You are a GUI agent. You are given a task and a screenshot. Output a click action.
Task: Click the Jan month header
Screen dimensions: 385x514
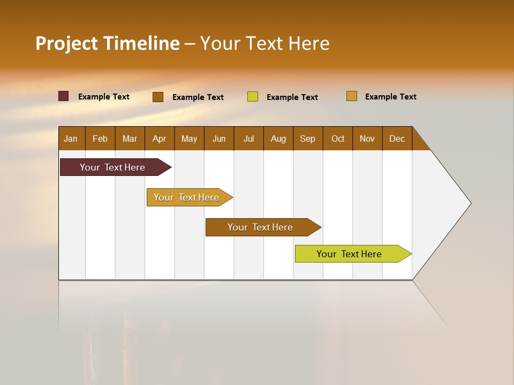click(x=71, y=138)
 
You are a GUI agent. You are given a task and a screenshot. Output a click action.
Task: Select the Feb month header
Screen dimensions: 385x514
click(x=100, y=138)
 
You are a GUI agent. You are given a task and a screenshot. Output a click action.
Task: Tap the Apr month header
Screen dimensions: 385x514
click(x=159, y=138)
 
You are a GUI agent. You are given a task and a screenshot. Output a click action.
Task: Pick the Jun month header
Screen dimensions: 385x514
click(x=219, y=138)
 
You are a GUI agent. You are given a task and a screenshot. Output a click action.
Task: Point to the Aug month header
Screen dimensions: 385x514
click(x=278, y=138)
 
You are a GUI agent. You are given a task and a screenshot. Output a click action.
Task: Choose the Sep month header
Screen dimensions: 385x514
click(x=307, y=138)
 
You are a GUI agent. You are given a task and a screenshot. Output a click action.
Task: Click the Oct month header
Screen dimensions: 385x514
click(x=338, y=138)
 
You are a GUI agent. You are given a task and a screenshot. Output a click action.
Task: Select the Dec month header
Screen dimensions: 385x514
click(x=397, y=138)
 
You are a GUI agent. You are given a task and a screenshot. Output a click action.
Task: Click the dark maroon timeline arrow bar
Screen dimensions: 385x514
click(x=112, y=167)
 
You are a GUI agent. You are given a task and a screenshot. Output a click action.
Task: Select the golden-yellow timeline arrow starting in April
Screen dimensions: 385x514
click(x=186, y=197)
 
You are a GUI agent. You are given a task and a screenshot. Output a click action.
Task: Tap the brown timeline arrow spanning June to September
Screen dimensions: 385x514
click(x=260, y=227)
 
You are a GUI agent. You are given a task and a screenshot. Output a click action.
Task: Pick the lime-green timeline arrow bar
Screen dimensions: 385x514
click(x=349, y=254)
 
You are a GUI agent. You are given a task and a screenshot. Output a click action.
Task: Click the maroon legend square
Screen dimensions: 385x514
click(x=64, y=96)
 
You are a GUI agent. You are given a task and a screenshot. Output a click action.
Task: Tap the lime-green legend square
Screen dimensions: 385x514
click(x=253, y=97)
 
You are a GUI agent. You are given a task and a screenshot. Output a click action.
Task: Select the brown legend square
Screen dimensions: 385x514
click(x=158, y=97)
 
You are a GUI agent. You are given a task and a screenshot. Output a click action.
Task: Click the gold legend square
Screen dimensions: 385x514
click(x=352, y=96)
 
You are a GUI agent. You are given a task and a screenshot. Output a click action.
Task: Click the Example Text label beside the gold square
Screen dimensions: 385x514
click(x=390, y=97)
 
